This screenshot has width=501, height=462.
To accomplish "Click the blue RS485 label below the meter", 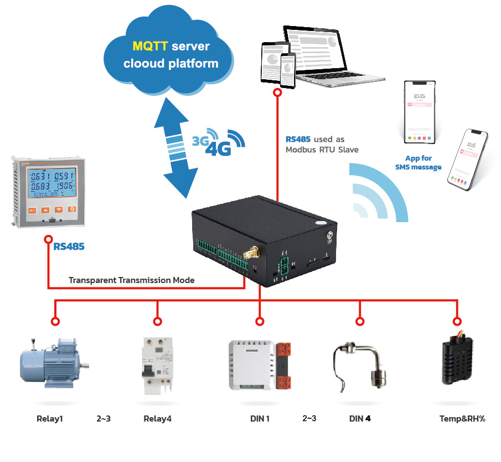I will pyautogui.click(x=69, y=246).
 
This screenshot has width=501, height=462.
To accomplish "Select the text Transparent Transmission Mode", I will pyautogui.click(x=132, y=280).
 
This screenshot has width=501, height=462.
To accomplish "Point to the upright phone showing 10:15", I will pyautogui.click(x=419, y=111).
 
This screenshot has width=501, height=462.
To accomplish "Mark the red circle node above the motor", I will pyautogui.click(x=55, y=321).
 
